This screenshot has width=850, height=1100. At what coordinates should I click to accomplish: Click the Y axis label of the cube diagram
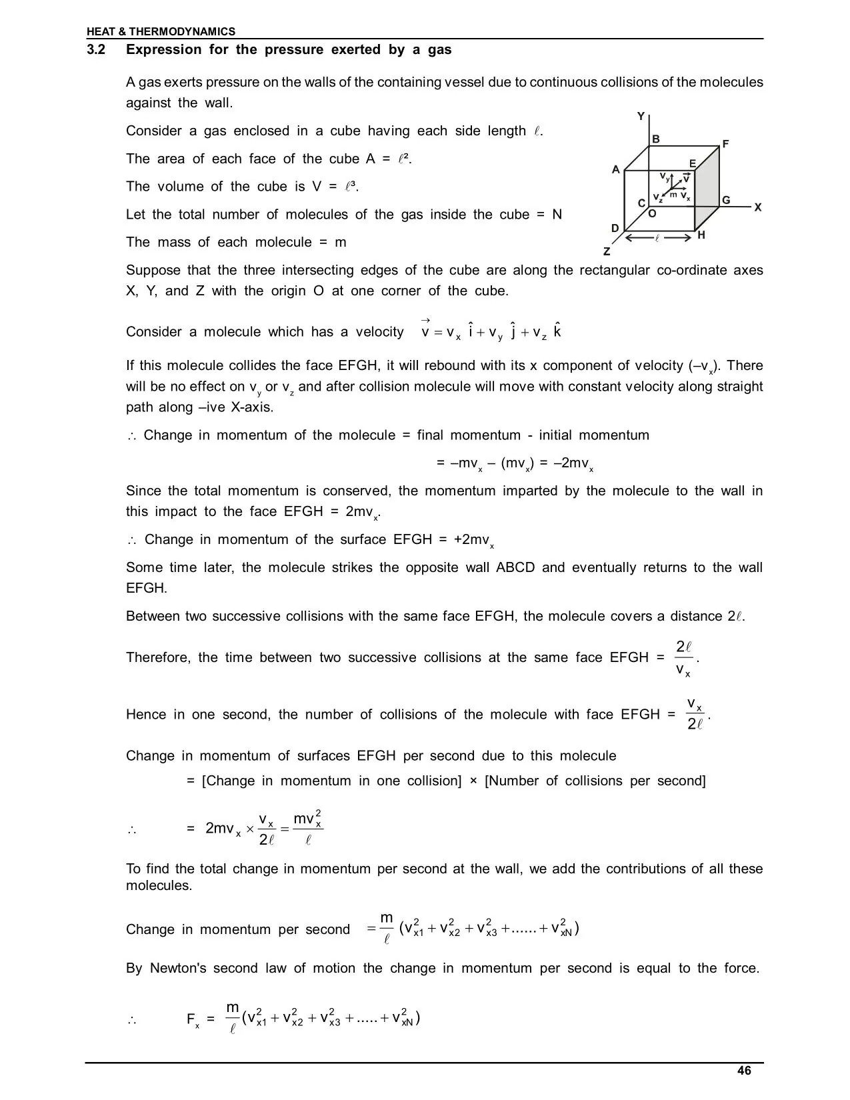(641, 117)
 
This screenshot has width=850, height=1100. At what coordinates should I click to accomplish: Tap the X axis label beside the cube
(758, 208)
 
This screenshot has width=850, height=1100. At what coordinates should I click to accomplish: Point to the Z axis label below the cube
(607, 252)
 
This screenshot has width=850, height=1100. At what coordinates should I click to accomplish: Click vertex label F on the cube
(725, 144)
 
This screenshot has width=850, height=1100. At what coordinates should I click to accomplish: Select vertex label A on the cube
(616, 170)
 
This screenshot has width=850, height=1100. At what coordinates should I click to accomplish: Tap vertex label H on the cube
(701, 235)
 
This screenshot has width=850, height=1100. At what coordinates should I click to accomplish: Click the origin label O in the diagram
(652, 214)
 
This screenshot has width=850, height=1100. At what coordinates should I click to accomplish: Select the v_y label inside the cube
(665, 177)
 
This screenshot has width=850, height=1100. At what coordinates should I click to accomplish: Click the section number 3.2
(96, 50)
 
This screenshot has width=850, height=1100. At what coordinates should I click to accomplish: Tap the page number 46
(744, 1071)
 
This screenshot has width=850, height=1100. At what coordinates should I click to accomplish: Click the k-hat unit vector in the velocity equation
(557, 331)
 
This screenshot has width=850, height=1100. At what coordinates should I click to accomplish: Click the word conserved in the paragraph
(357, 491)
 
